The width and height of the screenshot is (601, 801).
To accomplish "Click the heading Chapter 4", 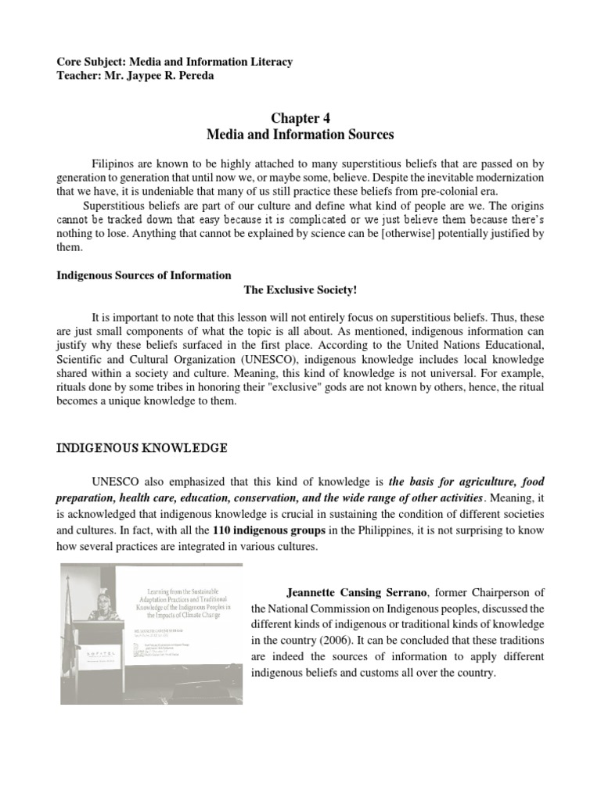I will [300, 118].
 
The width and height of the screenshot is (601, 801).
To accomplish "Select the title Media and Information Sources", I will [300, 135].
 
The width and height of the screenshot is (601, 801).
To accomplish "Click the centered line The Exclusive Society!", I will [300, 290].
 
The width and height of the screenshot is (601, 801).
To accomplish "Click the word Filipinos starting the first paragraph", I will [117, 163].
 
